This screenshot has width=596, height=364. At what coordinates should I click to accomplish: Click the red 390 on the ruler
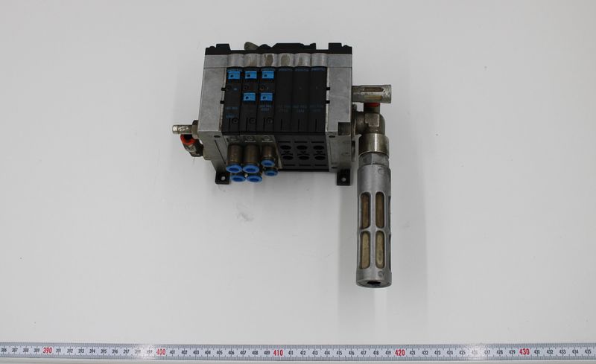point(47,351)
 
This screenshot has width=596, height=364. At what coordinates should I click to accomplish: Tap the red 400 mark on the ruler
point(161,351)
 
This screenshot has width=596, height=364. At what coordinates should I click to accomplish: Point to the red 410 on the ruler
point(278,351)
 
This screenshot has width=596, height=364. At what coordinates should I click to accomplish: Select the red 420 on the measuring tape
point(400,351)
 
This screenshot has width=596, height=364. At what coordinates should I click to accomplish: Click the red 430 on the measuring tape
point(524,351)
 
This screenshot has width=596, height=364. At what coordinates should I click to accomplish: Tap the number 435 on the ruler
point(586,351)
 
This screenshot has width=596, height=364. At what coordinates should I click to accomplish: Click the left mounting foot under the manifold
point(221,177)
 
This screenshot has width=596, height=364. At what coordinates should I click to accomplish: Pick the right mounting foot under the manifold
point(343,177)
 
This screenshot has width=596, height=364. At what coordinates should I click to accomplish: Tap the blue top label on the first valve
point(234,75)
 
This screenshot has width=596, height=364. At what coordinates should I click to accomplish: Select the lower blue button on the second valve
point(250,97)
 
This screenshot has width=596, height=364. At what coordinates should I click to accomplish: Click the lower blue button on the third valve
point(267,97)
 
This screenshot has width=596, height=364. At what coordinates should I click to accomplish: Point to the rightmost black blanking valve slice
point(319,104)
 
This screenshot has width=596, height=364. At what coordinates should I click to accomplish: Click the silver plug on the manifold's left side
point(181,129)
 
